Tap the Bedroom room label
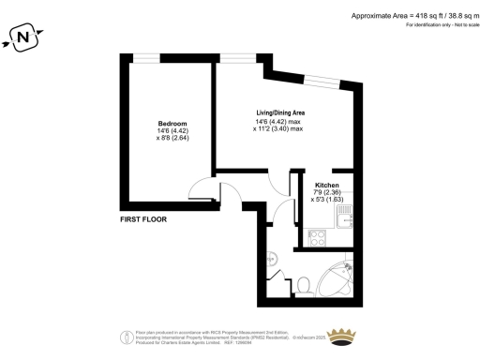click(x=172, y=124)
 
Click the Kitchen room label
click(x=326, y=186)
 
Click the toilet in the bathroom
click(x=305, y=284)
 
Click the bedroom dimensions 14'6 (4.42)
click(x=172, y=131)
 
